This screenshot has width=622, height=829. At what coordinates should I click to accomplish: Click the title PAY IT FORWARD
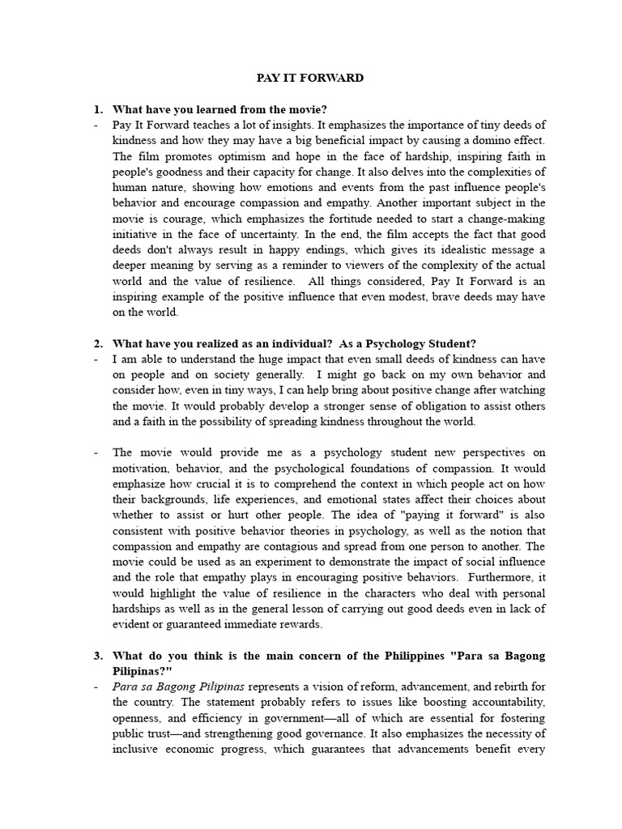coord(310,79)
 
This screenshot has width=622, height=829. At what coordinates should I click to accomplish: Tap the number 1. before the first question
coord(98,109)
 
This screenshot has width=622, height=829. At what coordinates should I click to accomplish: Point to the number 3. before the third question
coord(98,656)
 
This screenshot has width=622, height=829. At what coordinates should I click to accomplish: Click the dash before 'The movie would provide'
coord(96,453)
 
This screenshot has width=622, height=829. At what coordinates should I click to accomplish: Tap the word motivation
coord(143,469)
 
